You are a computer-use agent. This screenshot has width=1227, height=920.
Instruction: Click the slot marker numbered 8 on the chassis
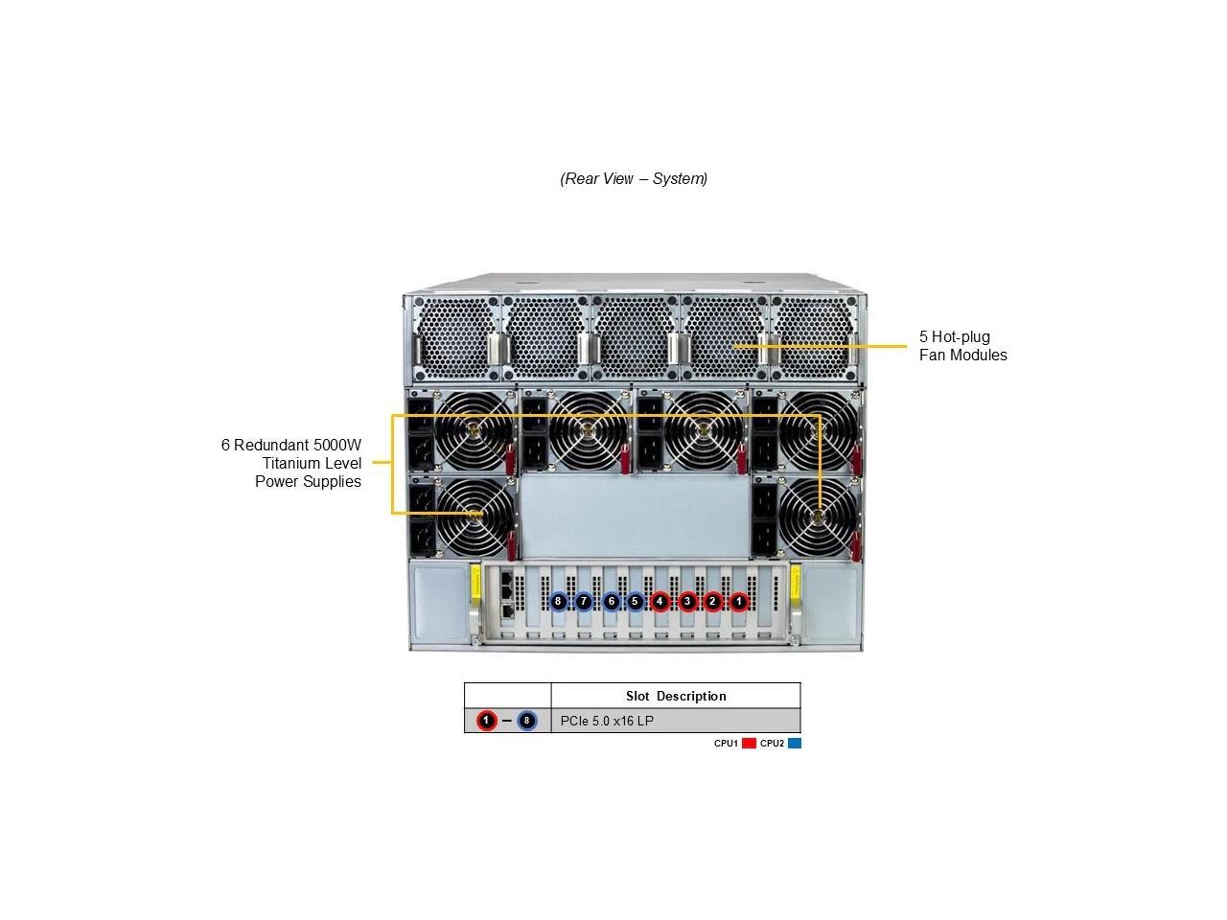(558, 602)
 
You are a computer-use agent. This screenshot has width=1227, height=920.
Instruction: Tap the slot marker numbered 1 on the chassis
(738, 602)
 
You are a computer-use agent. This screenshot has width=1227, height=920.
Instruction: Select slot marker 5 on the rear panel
(635, 602)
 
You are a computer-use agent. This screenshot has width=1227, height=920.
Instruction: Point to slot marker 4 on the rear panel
(660, 602)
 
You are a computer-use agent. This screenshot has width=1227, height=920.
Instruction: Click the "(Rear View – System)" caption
(634, 178)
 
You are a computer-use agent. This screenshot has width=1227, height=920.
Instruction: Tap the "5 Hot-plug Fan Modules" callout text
(962, 346)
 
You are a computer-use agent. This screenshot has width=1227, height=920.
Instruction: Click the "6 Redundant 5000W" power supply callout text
(291, 446)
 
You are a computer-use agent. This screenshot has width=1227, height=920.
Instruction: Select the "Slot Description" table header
(676, 696)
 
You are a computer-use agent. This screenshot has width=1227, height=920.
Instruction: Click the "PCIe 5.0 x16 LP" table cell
(607, 721)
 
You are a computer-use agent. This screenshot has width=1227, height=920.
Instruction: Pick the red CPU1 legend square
(749, 744)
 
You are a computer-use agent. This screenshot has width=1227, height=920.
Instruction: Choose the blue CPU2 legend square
(794, 744)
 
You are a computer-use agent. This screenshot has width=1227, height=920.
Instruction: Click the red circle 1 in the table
(486, 721)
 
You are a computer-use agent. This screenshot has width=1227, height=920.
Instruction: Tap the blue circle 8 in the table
(526, 721)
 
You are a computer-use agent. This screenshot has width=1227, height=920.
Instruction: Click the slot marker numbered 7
(584, 602)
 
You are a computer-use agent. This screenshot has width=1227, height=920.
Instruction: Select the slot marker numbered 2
(712, 602)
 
